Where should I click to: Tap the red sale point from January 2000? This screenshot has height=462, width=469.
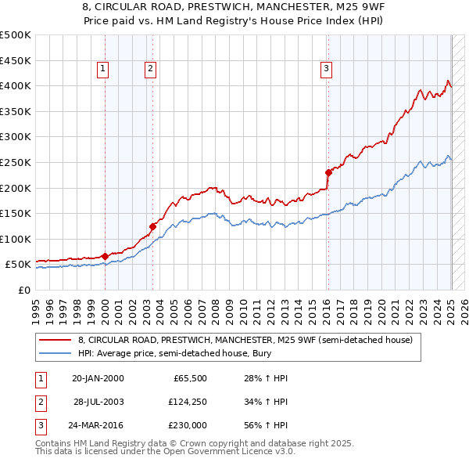click(105, 256)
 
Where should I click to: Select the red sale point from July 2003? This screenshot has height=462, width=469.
click(153, 226)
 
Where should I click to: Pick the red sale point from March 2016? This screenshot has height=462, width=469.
click(328, 172)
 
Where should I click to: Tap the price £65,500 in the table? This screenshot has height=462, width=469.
click(190, 378)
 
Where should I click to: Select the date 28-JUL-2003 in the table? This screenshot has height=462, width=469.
click(99, 402)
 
